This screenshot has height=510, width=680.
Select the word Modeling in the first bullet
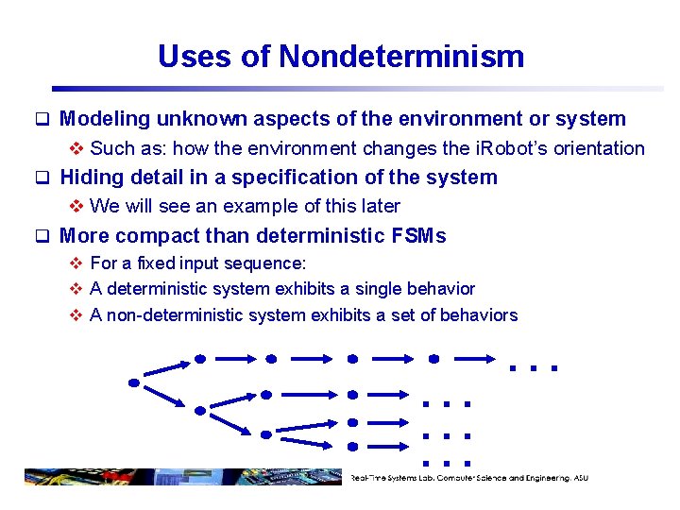pyautogui.click(x=105, y=119)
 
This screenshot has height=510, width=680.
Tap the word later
pyautogui.click(x=380, y=206)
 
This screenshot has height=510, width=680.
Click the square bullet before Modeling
pyautogui.click(x=42, y=120)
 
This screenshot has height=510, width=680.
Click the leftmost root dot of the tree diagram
pyautogui.click(x=134, y=382)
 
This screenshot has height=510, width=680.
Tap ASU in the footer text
pyautogui.click(x=580, y=478)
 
